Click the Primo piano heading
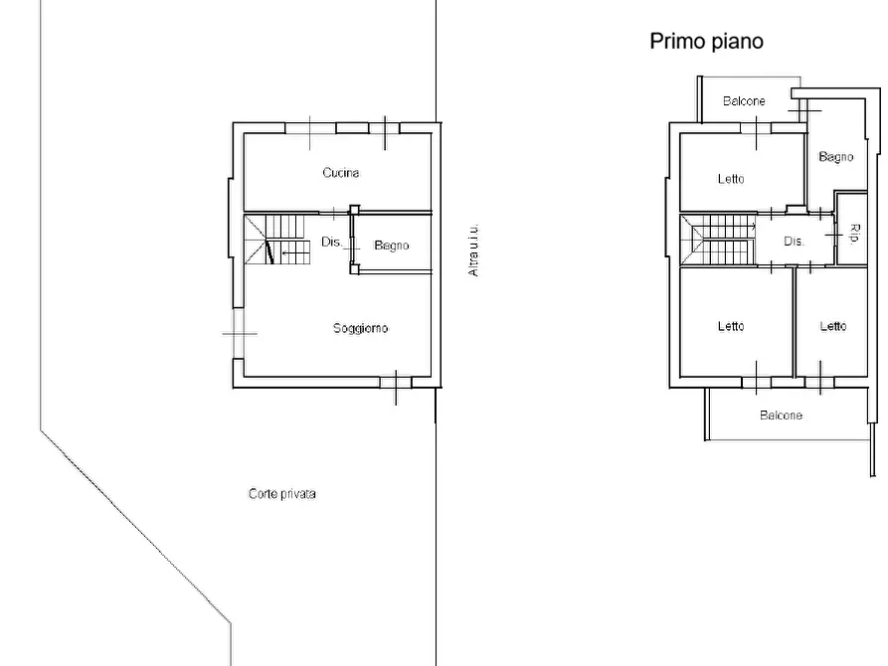(706, 41)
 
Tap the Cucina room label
(340, 173)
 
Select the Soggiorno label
(360, 328)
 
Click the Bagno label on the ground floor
(392, 246)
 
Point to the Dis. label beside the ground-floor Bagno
(331, 242)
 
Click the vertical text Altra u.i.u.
(474, 249)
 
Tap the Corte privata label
(281, 494)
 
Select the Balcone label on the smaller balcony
(744, 101)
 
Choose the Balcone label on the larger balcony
(781, 416)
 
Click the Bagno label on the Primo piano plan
(836, 157)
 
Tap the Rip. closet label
(854, 234)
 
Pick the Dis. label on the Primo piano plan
(794, 241)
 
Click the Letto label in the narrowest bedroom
(833, 326)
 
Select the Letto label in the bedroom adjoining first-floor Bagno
(731, 179)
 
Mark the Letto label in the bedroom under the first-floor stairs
(731, 326)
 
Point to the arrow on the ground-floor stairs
(290, 253)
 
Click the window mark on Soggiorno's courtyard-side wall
(239, 334)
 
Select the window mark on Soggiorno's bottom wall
(395, 382)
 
